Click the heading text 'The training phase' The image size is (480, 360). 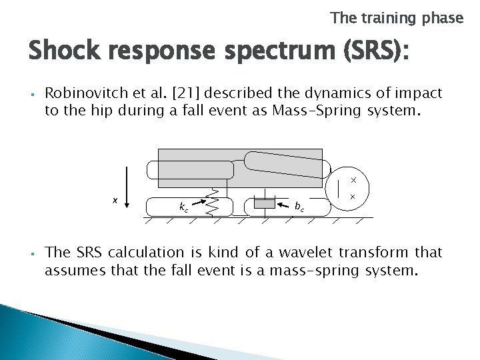pos(396,18)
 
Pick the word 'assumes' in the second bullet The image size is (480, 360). pos(71,271)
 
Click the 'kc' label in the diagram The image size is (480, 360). pos(183,207)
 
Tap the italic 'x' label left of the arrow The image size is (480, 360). pos(115,199)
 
